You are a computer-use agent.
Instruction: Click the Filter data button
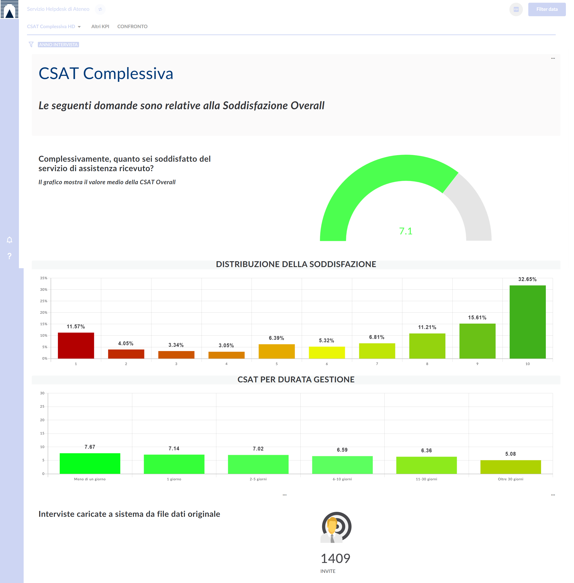pos(547,9)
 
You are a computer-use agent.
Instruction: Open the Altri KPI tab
pos(100,27)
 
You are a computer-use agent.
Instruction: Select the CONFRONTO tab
pos(132,27)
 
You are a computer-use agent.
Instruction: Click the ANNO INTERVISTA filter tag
pos(59,45)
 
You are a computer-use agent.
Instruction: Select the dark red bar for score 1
pos(76,345)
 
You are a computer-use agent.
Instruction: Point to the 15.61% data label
pos(477,318)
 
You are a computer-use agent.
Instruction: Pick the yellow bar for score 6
pos(327,352)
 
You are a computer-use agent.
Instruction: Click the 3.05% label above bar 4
pos(226,345)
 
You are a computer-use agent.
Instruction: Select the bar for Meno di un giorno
pos(90,463)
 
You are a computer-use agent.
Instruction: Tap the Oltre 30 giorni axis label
pos(510,479)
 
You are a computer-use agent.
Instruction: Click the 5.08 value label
pos(510,454)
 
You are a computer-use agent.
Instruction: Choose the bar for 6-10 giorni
pos(342,465)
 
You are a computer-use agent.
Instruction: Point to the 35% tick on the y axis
pos(44,278)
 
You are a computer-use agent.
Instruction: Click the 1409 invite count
pos(335,558)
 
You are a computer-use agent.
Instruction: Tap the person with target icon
pos(336,527)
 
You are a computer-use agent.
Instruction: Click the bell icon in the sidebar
pos(10,240)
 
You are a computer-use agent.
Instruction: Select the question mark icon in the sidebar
pos(10,256)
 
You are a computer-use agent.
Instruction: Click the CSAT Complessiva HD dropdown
pos(54,27)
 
